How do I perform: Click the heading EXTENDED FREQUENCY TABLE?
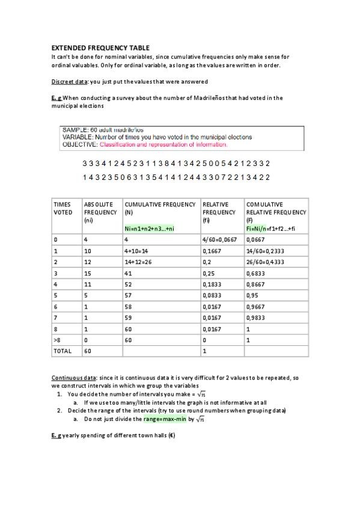[x=100, y=48]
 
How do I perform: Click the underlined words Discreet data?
[x=69, y=81]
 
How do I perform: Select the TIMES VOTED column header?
[x=63, y=208]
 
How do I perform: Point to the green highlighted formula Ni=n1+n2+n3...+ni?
[x=148, y=229]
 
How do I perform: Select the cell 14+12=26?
[x=140, y=262]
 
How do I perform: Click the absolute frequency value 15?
[x=88, y=273]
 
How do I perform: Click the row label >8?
[x=57, y=340]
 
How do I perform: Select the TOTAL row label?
[x=63, y=351]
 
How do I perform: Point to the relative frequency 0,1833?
[x=213, y=284]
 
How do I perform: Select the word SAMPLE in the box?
[x=75, y=130]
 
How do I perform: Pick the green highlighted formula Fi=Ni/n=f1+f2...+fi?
[x=270, y=229]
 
